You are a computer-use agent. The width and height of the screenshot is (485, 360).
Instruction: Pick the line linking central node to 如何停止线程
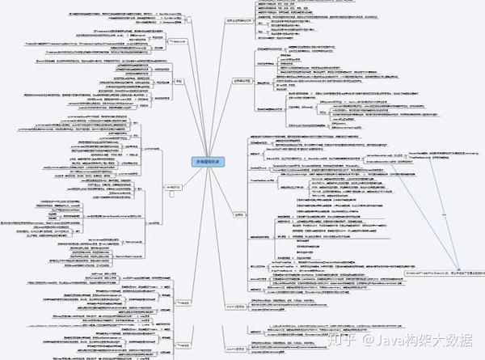point(225,121)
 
